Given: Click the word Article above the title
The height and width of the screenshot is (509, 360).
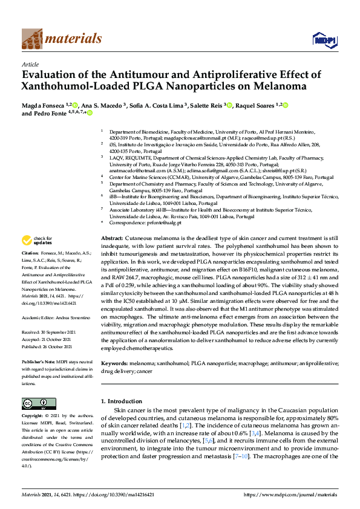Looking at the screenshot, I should pyautogui.click(x=30, y=64).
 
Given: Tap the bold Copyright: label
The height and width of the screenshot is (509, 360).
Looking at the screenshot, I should pyautogui.click(x=33, y=417).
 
